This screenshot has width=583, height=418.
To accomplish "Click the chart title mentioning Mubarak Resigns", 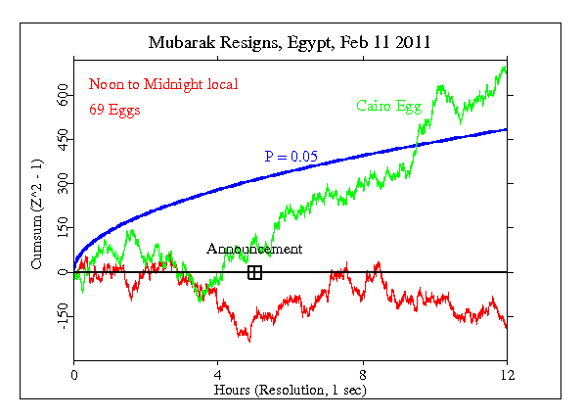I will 291,43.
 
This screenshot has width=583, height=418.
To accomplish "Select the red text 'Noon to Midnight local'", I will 163,84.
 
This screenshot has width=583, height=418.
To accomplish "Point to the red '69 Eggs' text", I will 114,110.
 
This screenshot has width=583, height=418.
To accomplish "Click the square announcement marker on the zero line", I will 254,272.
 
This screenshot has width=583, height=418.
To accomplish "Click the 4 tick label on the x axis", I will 218,374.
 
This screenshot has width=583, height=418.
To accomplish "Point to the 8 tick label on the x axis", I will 363,374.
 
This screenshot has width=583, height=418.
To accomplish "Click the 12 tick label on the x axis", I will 507,374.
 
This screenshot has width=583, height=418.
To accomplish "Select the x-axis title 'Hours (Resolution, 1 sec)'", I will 291,389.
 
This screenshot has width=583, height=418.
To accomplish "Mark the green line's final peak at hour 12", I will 505,68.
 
